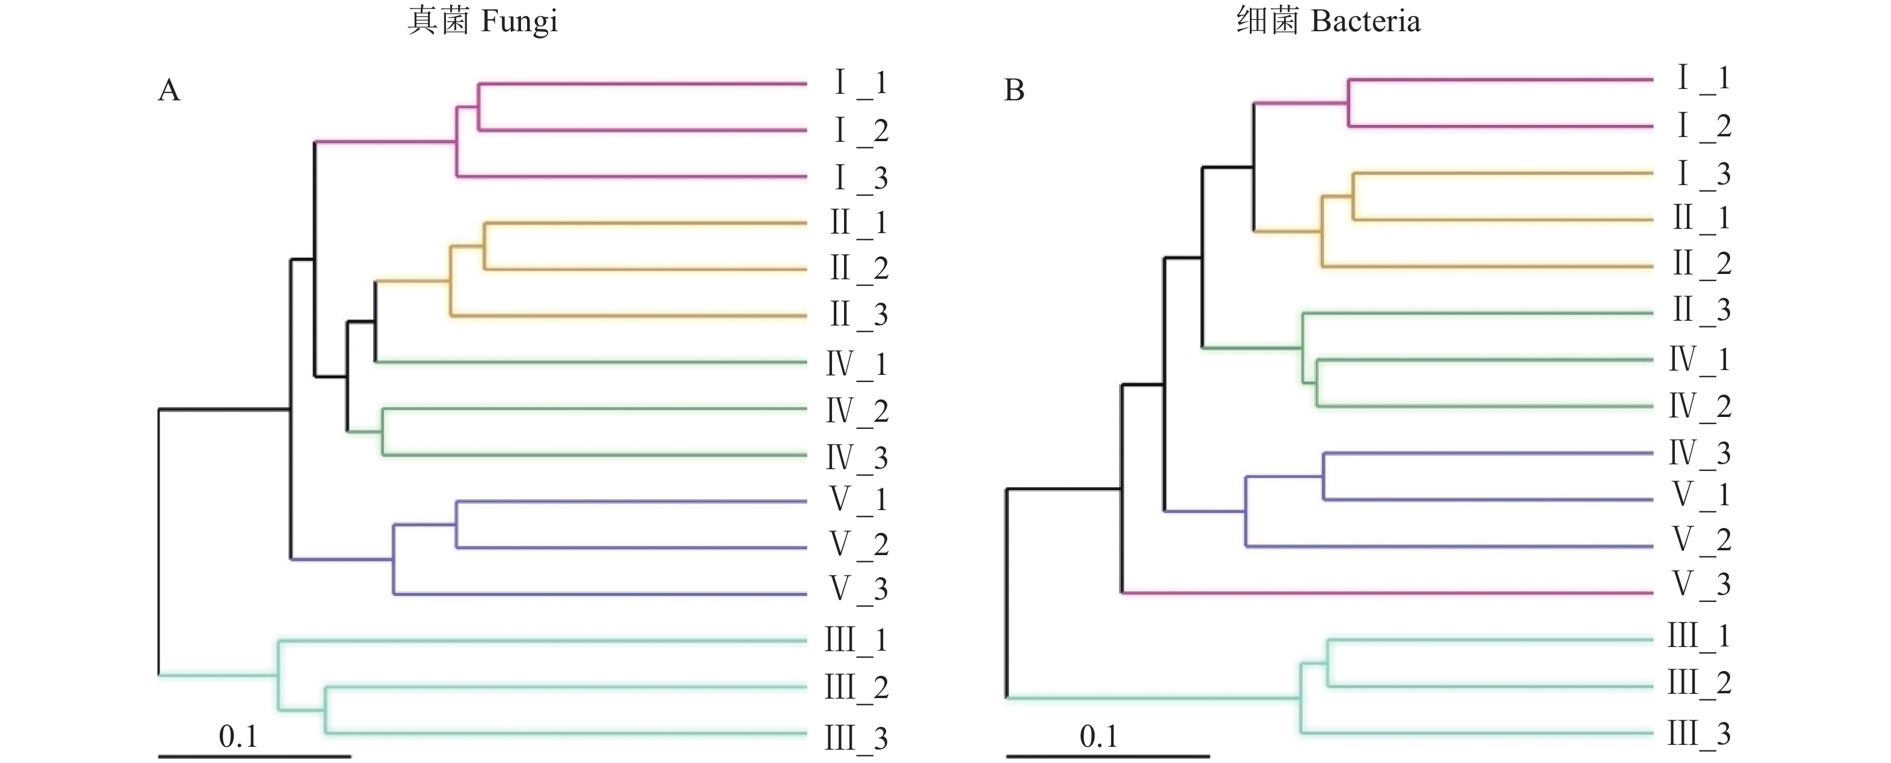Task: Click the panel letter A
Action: pos(169,90)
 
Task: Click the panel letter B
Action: pos(1014,90)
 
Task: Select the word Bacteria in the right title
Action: pos(1365,21)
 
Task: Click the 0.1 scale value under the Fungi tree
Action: pos(238,736)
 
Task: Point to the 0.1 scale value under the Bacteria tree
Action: pos(1098,736)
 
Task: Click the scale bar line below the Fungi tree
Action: pos(254,756)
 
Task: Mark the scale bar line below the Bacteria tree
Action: pos(1107,756)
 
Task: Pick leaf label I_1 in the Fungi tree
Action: pos(860,84)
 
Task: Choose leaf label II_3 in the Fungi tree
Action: pos(859,315)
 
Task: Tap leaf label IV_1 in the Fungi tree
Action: pos(857,364)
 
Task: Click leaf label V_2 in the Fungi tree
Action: pos(859,544)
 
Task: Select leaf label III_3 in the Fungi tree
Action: pos(856,738)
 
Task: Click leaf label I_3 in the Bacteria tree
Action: pos(1704,175)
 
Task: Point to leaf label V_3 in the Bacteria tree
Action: pos(1702,585)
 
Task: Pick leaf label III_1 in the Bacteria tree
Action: pos(1699,637)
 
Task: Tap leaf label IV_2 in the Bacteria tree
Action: pos(1700,407)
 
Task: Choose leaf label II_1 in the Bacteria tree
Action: pos(1702,219)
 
